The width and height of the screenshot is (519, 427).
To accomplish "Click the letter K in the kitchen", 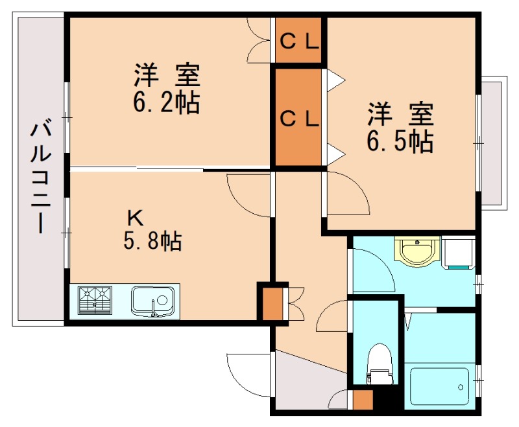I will click(136, 216).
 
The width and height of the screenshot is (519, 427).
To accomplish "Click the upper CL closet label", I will click(299, 42).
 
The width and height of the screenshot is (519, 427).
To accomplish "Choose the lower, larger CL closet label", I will click(299, 118).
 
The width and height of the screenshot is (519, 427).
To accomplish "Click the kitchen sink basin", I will click(152, 301).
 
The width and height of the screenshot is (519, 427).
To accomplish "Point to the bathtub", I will click(439, 387).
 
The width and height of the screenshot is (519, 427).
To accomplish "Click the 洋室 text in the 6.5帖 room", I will click(400, 115).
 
